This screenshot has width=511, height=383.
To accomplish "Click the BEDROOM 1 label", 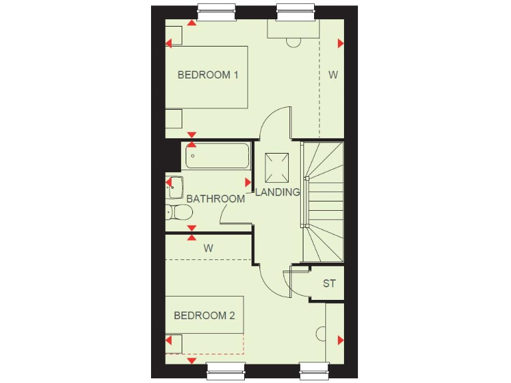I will point(208,75).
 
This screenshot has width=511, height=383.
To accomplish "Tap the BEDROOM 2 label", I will point(204,316).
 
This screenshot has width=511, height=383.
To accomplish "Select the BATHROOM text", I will point(216,199).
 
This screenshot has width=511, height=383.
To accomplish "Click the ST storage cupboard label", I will point(329,284).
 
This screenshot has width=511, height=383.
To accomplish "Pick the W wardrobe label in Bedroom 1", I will point(333,75).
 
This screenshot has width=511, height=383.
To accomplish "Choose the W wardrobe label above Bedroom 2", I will point(208,248).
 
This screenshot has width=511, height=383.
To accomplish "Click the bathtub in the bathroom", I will point(218,157).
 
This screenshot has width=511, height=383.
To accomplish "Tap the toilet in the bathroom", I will point(178,212).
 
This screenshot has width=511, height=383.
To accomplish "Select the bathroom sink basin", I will point(175,187).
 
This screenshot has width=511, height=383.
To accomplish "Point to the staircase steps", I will point(324,199).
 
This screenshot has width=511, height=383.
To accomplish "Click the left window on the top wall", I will point(218,12).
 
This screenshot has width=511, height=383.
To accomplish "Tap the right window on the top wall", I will point(296,12).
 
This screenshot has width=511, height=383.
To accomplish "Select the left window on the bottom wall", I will point(226,370).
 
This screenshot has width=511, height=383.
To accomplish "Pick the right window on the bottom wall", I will point(314,370).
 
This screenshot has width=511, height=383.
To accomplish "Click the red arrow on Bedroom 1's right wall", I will point(341,44).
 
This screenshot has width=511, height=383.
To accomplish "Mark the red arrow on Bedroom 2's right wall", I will point(341,340).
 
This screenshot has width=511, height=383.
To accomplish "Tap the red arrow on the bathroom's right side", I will point(248,182).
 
